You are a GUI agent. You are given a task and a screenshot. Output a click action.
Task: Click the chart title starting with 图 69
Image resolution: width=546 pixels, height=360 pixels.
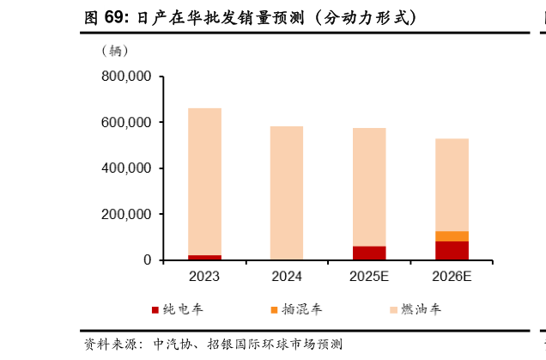click(x=254, y=17)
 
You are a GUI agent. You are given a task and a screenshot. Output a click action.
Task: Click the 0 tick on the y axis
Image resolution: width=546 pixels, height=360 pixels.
click(x=148, y=260)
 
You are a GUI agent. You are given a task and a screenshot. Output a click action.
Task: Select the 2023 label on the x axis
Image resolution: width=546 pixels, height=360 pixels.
click(x=204, y=277)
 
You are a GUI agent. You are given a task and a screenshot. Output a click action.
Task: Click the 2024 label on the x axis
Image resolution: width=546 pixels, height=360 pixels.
click(x=287, y=277)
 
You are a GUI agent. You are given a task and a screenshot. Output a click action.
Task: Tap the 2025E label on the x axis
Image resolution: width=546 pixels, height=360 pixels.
click(x=369, y=277)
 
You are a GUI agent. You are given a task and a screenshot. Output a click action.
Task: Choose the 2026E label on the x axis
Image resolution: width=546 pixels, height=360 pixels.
click(x=452, y=277)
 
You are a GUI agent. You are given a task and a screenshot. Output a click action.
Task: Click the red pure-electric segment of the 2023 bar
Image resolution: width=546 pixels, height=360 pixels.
click(x=204, y=257)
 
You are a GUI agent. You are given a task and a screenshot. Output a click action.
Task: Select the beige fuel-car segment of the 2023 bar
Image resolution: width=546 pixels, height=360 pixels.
click(x=204, y=180)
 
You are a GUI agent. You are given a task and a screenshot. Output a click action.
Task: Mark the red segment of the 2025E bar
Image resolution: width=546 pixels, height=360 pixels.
click(x=369, y=253)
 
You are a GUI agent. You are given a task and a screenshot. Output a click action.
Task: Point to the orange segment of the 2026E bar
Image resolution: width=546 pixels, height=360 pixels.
click(x=452, y=236)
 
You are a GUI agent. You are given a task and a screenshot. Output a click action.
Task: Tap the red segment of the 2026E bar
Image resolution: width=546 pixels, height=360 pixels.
click(x=452, y=250)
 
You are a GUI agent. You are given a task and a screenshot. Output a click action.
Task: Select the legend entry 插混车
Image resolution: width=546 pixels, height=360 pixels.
click(x=296, y=309)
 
